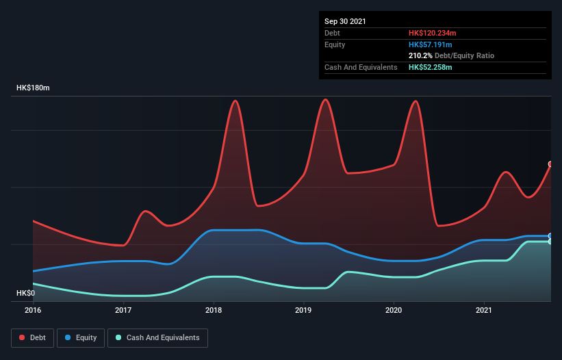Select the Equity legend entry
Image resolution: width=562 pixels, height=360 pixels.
pos(81,337)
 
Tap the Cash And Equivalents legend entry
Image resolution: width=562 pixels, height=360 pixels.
pos(157,337)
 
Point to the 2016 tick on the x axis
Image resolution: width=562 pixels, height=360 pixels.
pos(33,310)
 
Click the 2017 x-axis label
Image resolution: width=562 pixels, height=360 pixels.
pos(123,310)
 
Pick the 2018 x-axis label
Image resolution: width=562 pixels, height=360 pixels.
pos(214,310)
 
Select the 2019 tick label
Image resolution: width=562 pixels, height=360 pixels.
pos(304,310)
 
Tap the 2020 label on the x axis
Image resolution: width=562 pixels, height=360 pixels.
pos(394,310)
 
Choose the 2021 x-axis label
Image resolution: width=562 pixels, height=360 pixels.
pos(484,310)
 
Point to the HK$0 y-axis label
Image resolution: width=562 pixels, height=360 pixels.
pos(25,293)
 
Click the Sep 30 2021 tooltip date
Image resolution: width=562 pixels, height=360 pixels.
pos(345,21)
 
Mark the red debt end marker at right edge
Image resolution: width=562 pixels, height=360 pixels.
pos(550,164)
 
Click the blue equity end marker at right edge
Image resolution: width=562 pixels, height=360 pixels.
pos(550,235)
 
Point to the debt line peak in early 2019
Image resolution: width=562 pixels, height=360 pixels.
pos(326,99)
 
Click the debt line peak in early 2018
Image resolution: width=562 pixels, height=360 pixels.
pos(235,101)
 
